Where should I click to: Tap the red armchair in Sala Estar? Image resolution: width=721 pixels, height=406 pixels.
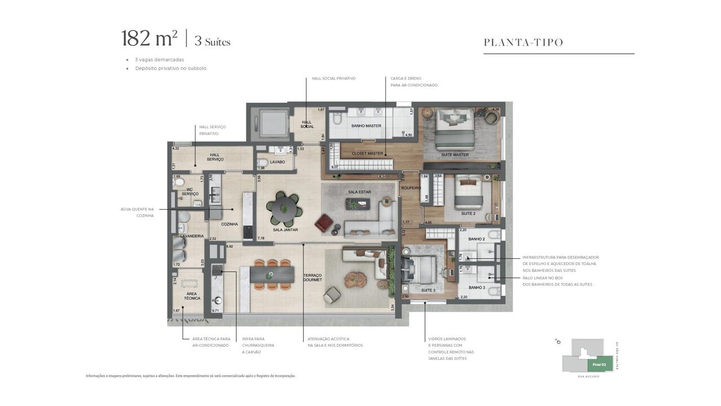click(x=324, y=224)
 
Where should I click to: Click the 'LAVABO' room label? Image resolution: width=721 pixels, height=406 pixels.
click(x=277, y=162)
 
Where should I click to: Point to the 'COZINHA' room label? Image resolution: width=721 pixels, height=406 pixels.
click(x=229, y=224)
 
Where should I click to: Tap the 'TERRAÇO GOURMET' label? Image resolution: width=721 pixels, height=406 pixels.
click(x=313, y=277)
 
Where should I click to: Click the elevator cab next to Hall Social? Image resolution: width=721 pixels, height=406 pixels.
click(x=268, y=122)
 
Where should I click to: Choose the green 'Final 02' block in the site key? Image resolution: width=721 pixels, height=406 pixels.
click(x=599, y=365)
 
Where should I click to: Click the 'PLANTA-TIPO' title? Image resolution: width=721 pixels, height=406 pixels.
click(x=523, y=42)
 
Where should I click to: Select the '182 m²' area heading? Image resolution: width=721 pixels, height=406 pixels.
click(x=149, y=38)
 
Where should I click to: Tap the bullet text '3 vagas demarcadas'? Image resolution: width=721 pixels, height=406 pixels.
click(x=159, y=59)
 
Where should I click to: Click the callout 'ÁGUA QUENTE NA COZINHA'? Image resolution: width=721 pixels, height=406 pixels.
click(x=137, y=212)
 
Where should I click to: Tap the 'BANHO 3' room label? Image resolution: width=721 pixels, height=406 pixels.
click(x=477, y=288)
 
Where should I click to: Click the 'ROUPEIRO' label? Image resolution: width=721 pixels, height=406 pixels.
click(x=411, y=188)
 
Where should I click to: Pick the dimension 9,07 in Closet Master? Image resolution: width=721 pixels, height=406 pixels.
click(x=335, y=167)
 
